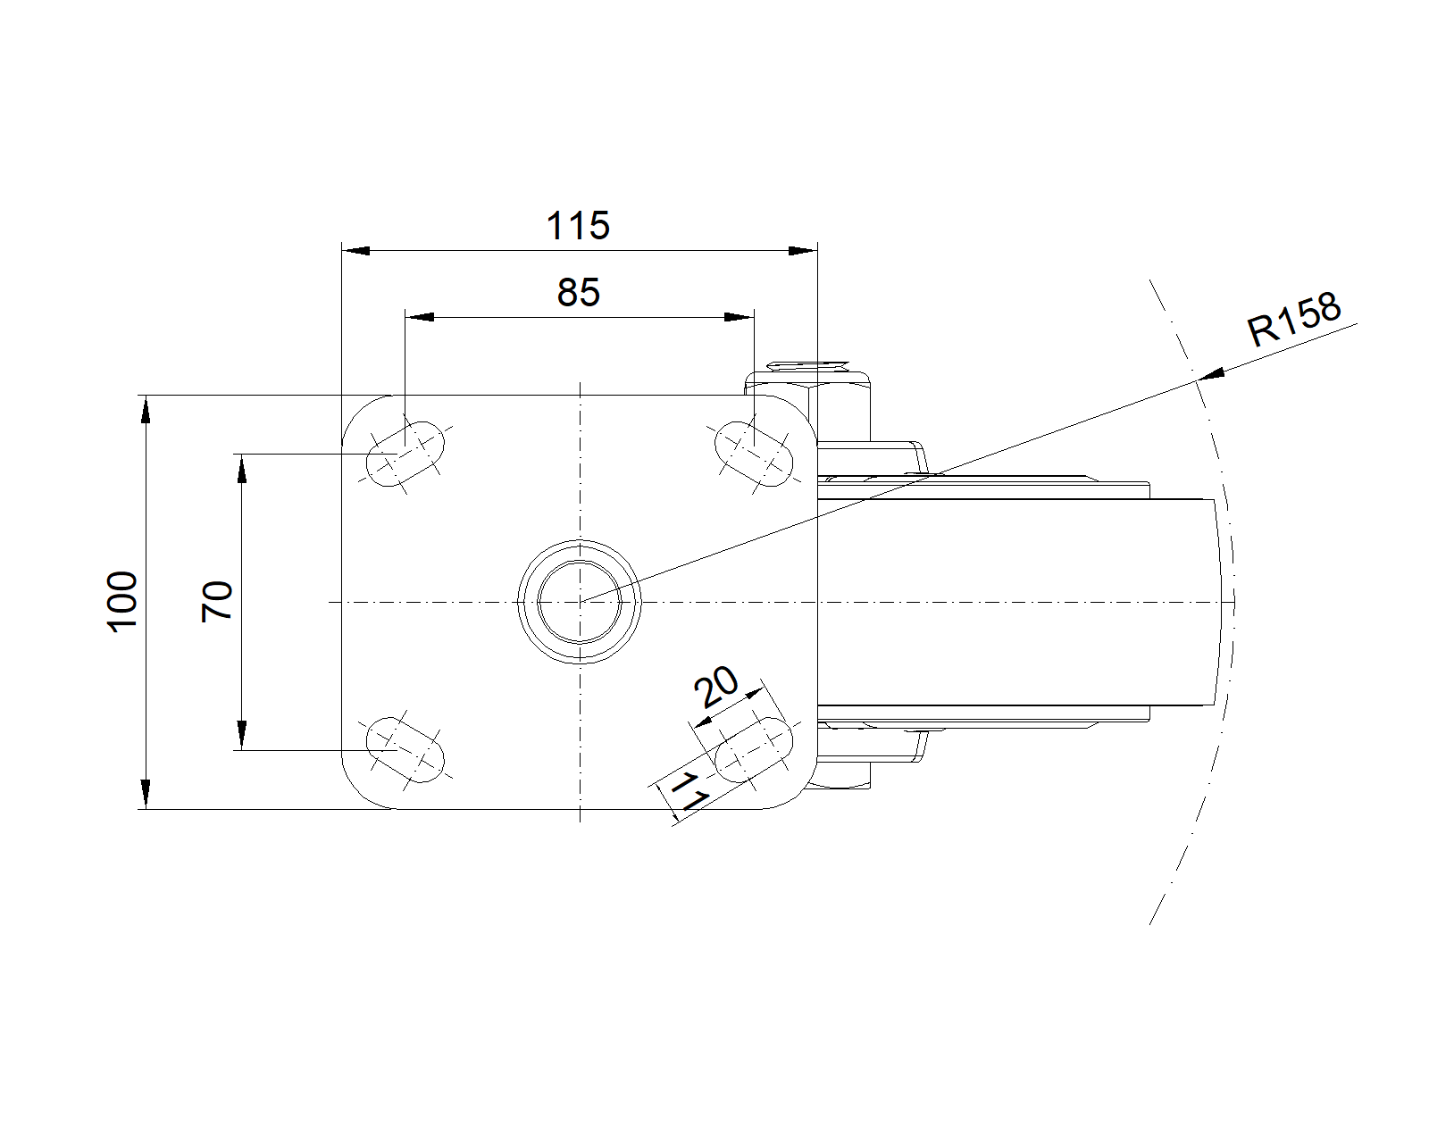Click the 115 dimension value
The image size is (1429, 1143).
pyautogui.click(x=578, y=226)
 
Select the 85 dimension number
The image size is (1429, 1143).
pyautogui.click(x=579, y=292)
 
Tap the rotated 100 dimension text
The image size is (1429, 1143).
pyautogui.click(x=123, y=602)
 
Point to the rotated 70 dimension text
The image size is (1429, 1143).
pyautogui.click(x=217, y=602)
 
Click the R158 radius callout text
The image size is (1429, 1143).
pyautogui.click(x=1294, y=320)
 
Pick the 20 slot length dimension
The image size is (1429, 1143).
pyautogui.click(x=715, y=687)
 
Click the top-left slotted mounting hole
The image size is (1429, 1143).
pyautogui.click(x=405, y=454)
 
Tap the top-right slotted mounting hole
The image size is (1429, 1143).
pyautogui.click(x=754, y=454)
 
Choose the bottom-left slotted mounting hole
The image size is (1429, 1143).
pyautogui.click(x=405, y=750)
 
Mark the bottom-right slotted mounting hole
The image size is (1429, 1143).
pyautogui.click(x=754, y=750)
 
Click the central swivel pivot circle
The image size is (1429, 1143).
pyautogui.click(x=580, y=602)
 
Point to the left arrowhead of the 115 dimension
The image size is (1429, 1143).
pyautogui.click(x=356, y=251)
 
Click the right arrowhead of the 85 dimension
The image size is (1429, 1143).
pyautogui.click(x=740, y=318)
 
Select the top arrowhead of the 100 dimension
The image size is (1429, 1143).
pyautogui.click(x=146, y=409)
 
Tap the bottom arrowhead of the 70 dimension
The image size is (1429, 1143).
pyautogui.click(x=242, y=736)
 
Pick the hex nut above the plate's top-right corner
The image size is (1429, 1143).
pyautogui.click(x=807, y=405)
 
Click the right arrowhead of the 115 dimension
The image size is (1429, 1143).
pyautogui.click(x=803, y=251)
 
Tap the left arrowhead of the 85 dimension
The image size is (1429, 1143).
pyautogui.click(x=420, y=318)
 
